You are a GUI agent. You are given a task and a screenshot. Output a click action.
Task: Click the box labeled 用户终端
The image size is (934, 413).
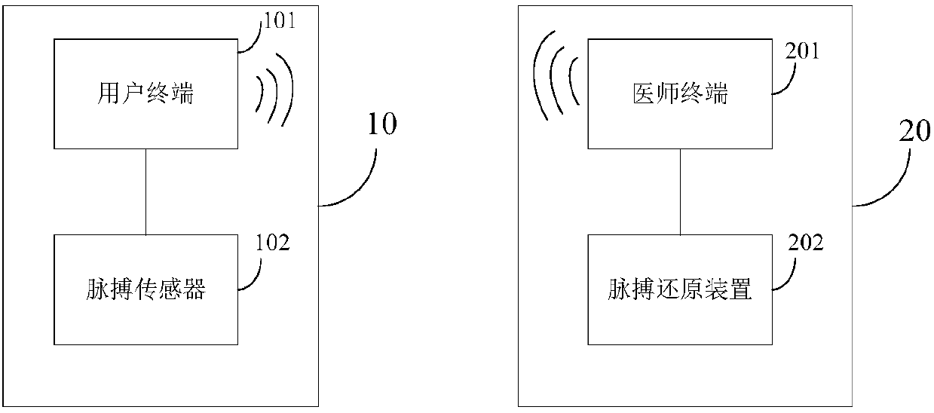coord(146,93)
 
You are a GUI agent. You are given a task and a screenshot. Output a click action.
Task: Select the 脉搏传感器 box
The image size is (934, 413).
coord(146,289)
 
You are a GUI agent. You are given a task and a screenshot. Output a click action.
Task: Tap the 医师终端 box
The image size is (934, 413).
coord(680,93)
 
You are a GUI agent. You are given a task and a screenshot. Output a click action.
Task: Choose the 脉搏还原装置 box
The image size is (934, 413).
coord(680,289)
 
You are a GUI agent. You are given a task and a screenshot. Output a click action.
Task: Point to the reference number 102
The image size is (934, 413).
coord(273,243)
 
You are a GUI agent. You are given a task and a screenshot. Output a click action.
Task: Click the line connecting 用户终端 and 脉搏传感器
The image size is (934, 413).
coord(146,191)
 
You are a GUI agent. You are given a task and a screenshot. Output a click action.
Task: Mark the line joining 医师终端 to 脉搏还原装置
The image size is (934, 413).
coord(680,191)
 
